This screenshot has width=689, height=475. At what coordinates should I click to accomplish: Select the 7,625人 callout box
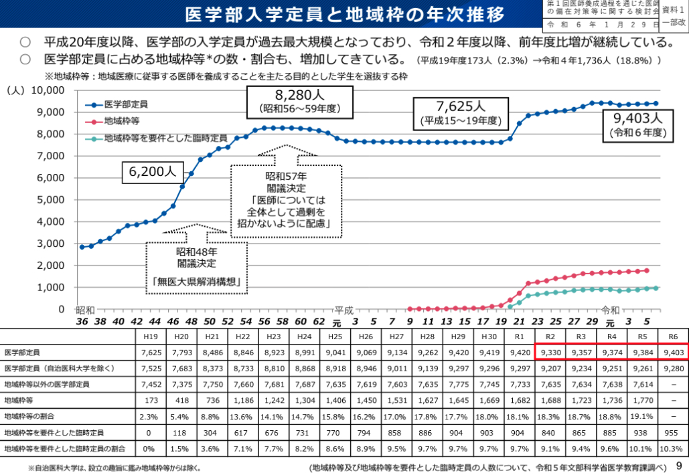461,112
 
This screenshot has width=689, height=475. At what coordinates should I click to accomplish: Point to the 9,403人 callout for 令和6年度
636,125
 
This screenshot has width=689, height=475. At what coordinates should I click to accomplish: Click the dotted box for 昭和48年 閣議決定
196,266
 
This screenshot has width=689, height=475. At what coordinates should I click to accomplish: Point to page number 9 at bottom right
679,466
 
